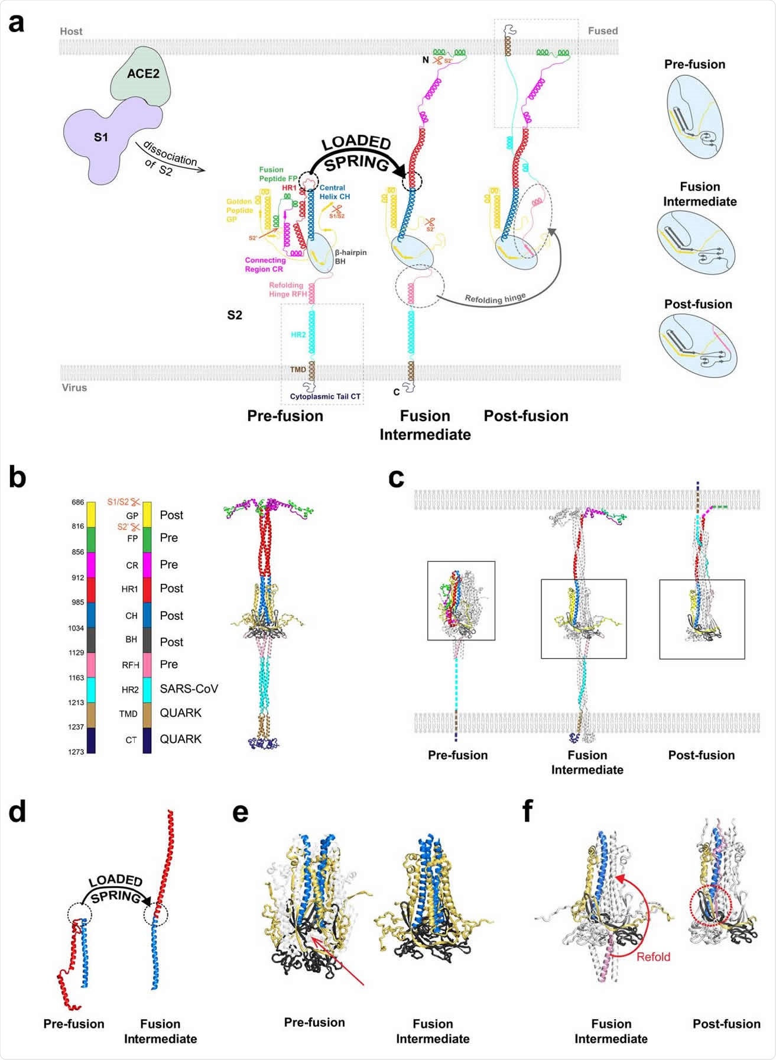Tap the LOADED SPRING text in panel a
point(356,153)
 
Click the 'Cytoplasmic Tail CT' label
point(324,396)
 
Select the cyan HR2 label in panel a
point(298,335)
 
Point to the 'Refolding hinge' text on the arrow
point(495,298)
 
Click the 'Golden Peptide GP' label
point(239,210)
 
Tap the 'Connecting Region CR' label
point(265,264)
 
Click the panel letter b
point(18,477)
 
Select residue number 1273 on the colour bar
point(76,752)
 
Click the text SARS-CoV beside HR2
point(189,689)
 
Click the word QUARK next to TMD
point(180,713)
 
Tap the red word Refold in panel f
point(653,957)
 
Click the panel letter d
point(18,813)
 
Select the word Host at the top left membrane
point(71,31)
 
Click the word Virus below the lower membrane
point(74,388)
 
